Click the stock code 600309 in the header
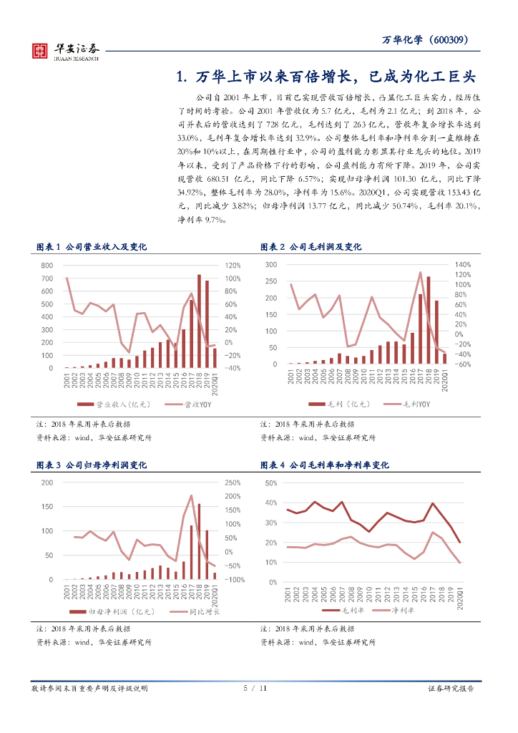[x=452, y=41]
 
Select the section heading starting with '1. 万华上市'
[x=326, y=77]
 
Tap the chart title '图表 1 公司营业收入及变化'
[x=91, y=247]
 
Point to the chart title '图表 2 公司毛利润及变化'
[x=311, y=247]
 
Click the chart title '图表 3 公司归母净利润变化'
[x=91, y=465]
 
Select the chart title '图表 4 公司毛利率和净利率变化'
[x=325, y=465]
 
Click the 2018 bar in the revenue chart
[x=200, y=321]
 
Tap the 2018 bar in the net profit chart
[x=199, y=541]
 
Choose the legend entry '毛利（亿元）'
[x=331, y=404]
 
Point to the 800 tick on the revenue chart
[x=47, y=266]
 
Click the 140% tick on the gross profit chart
[x=461, y=264]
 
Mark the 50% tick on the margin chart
[x=271, y=483]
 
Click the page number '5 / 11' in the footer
[x=255, y=689]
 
